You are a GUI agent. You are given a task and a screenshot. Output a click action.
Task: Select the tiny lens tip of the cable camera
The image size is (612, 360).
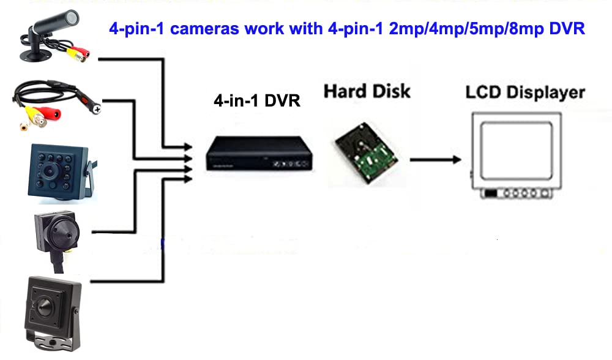97,108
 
